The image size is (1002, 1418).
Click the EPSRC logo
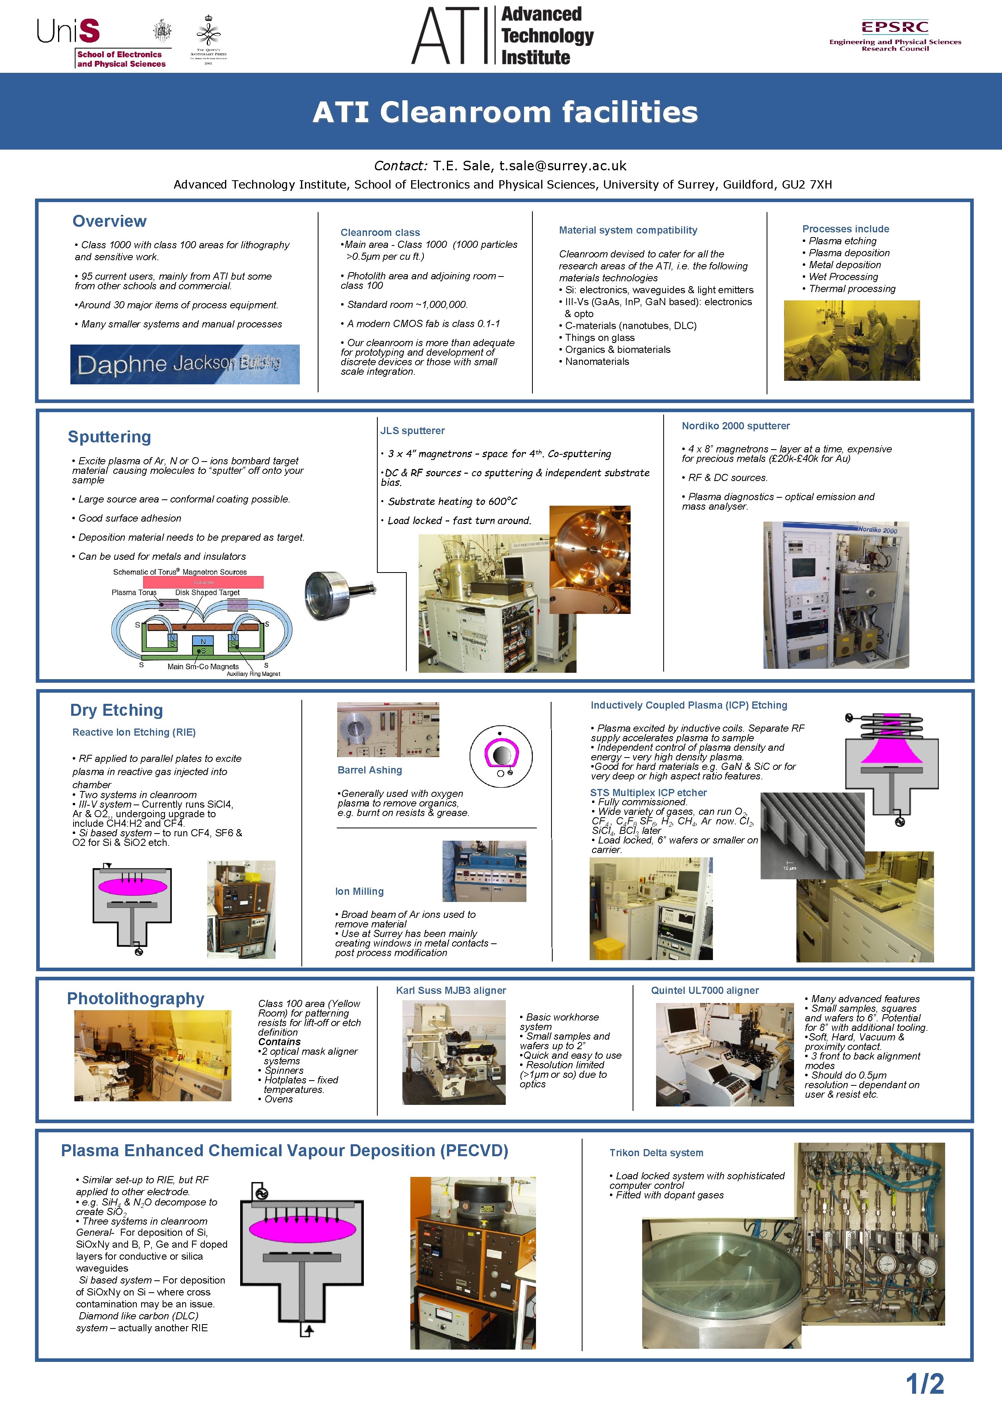pyautogui.click(x=895, y=35)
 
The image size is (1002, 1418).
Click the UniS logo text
pyautogui.click(x=68, y=31)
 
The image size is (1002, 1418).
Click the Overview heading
pyautogui.click(x=109, y=221)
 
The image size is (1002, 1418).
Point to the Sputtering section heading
pyautogui.click(x=109, y=436)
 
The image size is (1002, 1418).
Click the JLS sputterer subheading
pyautogui.click(x=412, y=430)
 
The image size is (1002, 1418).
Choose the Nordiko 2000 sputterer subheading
pyautogui.click(x=735, y=426)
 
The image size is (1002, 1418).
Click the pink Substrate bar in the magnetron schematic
pyautogui.click(x=203, y=582)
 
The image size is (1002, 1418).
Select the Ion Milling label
pyautogui.click(x=359, y=891)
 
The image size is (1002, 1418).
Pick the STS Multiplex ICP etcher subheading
pyautogui.click(x=648, y=793)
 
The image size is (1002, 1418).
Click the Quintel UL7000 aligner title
pyautogui.click(x=705, y=990)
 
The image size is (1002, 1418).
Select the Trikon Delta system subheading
pyautogui.click(x=656, y=1153)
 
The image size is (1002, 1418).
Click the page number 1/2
pyautogui.click(x=924, y=1383)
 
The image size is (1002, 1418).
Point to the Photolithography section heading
pyautogui.click(x=135, y=999)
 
